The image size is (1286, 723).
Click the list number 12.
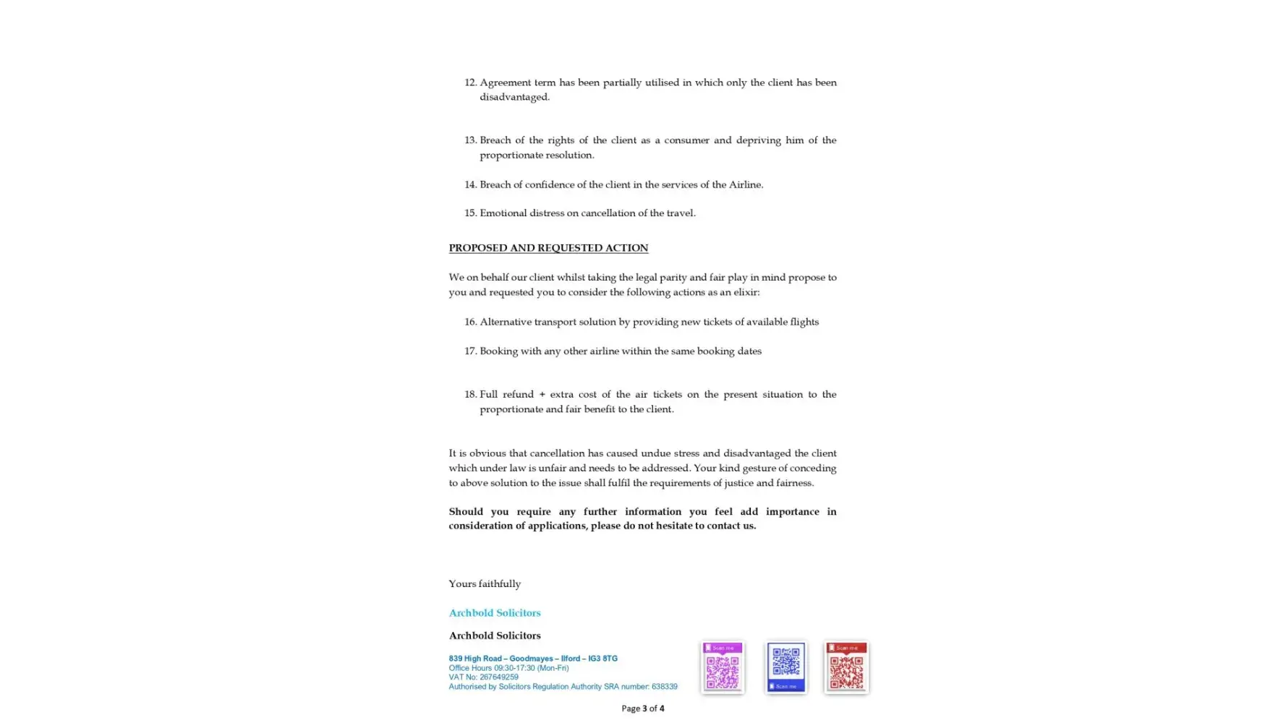pyautogui.click(x=470, y=82)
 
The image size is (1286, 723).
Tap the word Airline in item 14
pyautogui.click(x=745, y=184)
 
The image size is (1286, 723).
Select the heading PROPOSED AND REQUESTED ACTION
pyautogui.click(x=548, y=248)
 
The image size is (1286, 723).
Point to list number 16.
pyautogui.click(x=470, y=322)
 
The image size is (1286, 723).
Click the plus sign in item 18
pyautogui.click(x=542, y=394)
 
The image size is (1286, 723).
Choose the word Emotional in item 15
pyautogui.click(x=503, y=213)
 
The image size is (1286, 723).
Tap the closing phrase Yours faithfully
pyautogui.click(x=484, y=583)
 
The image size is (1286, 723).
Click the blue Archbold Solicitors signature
pyautogui.click(x=494, y=612)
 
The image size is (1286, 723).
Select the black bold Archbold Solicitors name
pyautogui.click(x=494, y=636)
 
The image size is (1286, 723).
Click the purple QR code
pyautogui.click(x=722, y=667)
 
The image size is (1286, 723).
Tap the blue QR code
pyautogui.click(x=785, y=667)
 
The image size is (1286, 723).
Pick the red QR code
pyautogui.click(x=846, y=667)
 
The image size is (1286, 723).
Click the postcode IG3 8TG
pyautogui.click(x=602, y=659)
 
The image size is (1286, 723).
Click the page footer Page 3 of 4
pyautogui.click(x=642, y=709)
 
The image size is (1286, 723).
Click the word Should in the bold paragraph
pyautogui.click(x=465, y=511)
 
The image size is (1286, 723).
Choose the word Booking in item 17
pyautogui.click(x=498, y=351)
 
